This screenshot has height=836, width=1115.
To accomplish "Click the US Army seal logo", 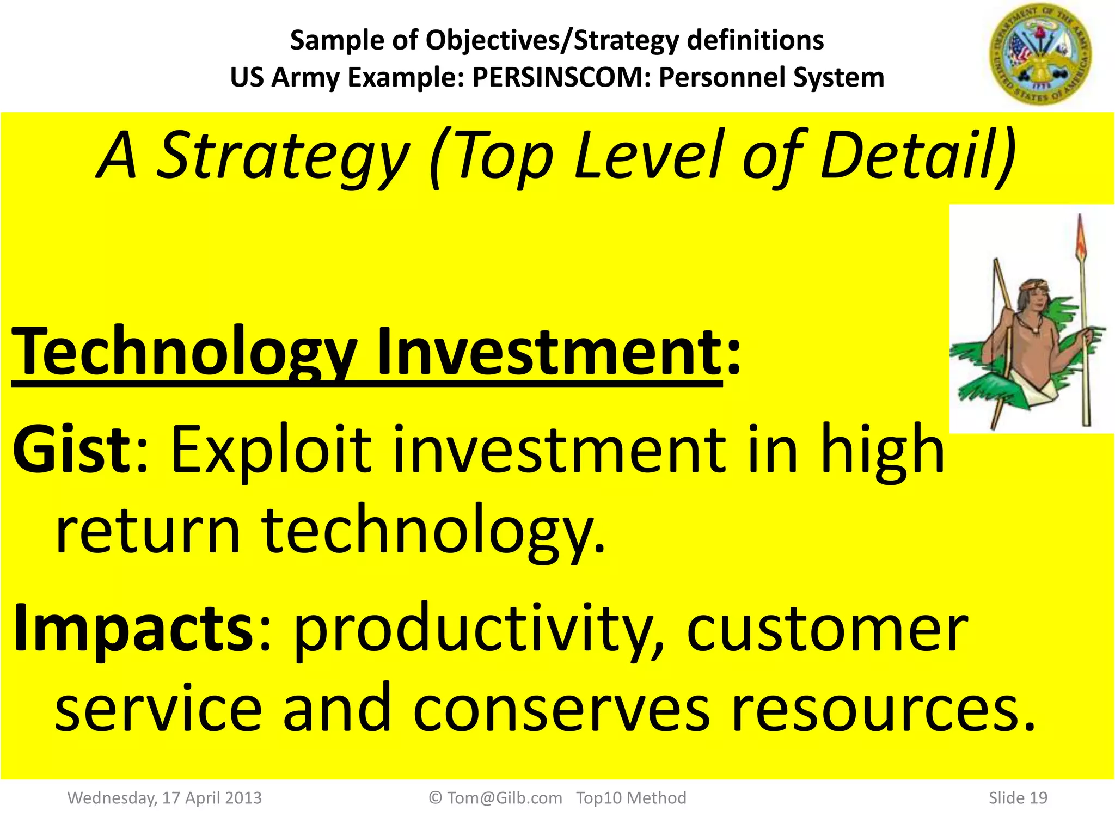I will [1040, 54].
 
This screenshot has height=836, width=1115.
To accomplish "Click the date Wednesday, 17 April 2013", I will [164, 798].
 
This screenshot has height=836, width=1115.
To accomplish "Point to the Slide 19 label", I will [1018, 798].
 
